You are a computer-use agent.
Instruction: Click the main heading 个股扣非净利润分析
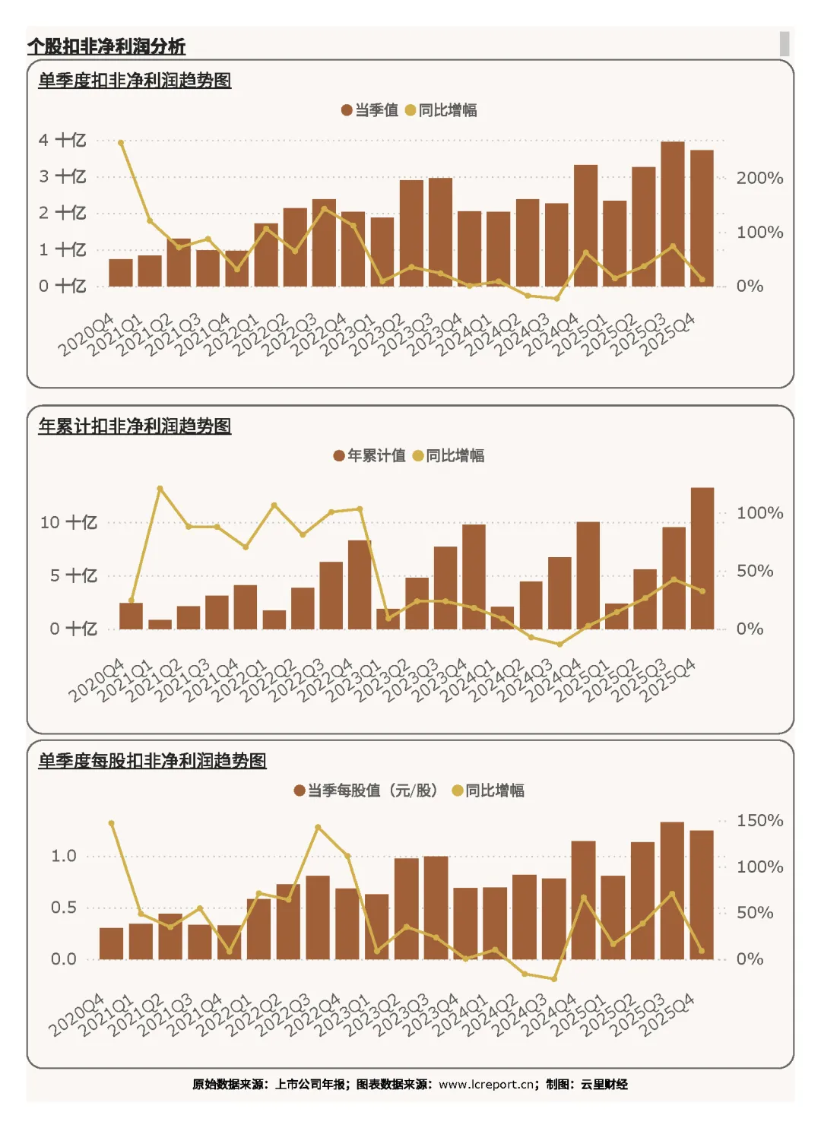click(x=106, y=46)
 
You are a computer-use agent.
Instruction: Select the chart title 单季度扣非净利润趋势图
click(x=135, y=81)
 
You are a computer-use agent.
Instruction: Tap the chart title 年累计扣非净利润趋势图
click(x=135, y=426)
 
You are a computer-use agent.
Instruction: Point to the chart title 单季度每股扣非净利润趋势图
click(x=152, y=760)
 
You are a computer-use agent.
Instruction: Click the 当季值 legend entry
click(x=369, y=109)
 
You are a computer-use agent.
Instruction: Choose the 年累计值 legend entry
click(x=369, y=456)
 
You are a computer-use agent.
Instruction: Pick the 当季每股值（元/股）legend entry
click(x=366, y=790)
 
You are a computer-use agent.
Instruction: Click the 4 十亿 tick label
click(x=62, y=140)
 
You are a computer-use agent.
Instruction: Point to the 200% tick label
click(x=759, y=178)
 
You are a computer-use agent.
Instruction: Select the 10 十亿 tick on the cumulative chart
click(x=68, y=522)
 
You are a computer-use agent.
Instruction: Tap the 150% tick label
click(x=759, y=820)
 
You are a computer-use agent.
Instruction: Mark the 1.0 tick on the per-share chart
click(x=63, y=856)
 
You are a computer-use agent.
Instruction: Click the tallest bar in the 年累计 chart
click(x=702, y=559)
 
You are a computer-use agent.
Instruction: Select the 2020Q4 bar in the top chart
click(x=121, y=273)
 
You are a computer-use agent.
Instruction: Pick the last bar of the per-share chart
click(x=702, y=895)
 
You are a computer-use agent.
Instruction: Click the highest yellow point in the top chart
click(x=121, y=143)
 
